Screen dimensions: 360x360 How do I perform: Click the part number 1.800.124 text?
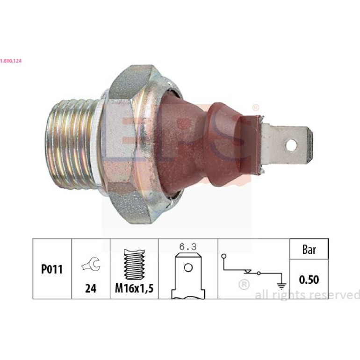pyautogui.click(x=11, y=61)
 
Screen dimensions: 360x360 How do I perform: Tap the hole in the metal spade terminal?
pyautogui.click(x=291, y=145)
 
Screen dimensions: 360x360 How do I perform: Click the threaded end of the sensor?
pyautogui.click(x=71, y=144)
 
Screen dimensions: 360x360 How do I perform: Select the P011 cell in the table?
pyautogui.click(x=52, y=269)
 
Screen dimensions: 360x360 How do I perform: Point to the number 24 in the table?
pyautogui.click(x=91, y=288)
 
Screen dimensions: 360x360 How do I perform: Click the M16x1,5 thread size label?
pyautogui.click(x=134, y=288)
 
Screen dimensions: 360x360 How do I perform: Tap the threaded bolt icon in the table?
pyautogui.click(x=134, y=264)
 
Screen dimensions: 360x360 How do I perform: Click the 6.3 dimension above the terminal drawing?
pyautogui.click(x=188, y=247)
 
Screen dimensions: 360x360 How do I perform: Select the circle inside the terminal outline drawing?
pyautogui.click(x=188, y=268)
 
